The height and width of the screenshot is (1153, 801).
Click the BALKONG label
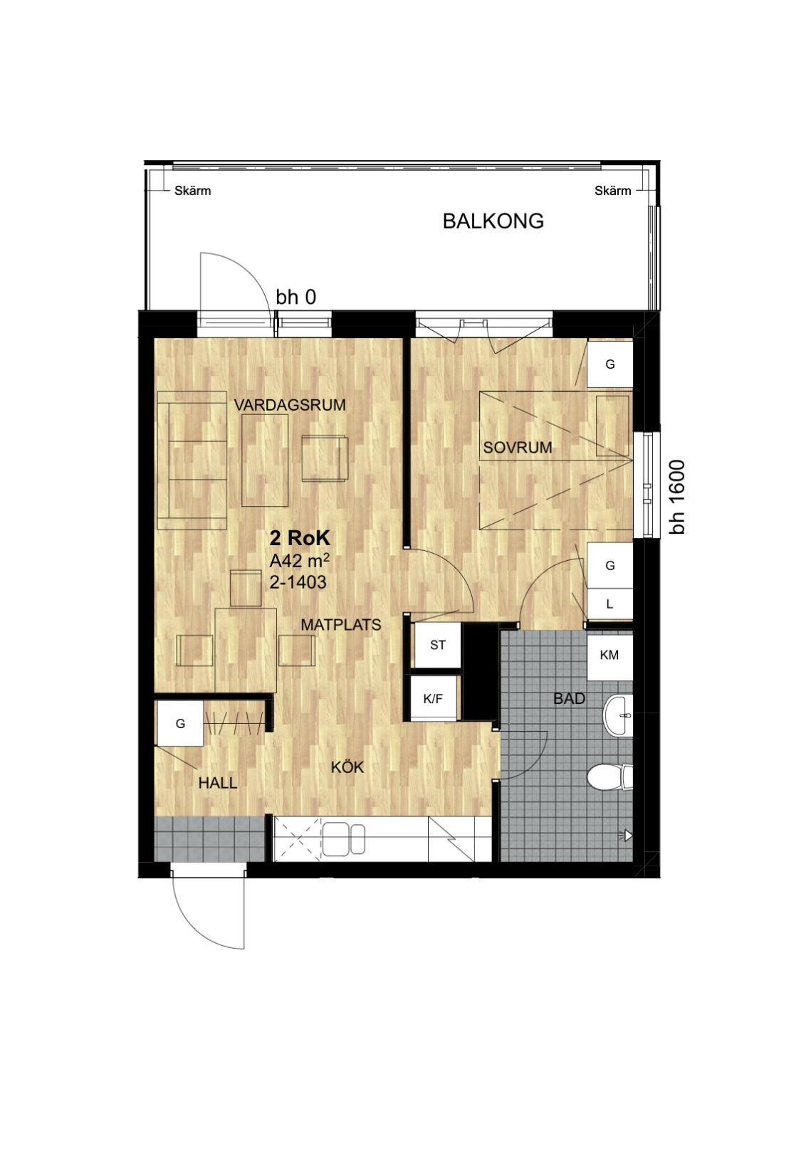pyautogui.click(x=493, y=221)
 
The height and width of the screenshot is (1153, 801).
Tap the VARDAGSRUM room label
pyautogui.click(x=290, y=404)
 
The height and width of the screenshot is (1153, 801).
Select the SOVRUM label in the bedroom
pyautogui.click(x=518, y=447)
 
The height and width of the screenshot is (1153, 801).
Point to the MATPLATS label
pyautogui.click(x=341, y=624)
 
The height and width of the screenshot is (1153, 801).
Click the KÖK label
pyautogui.click(x=347, y=767)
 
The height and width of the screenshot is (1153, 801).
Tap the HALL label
pyautogui.click(x=218, y=783)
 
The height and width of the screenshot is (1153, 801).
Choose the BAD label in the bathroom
pyautogui.click(x=569, y=698)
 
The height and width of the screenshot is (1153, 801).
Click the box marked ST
pyautogui.click(x=438, y=645)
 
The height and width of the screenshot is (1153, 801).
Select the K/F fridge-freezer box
pyautogui.click(x=433, y=697)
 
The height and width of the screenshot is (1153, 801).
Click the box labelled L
pyautogui.click(x=610, y=604)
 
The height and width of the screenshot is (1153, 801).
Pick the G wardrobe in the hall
pyautogui.click(x=180, y=724)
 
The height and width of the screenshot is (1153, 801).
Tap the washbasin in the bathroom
pyautogui.click(x=617, y=715)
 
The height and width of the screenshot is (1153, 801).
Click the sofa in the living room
pyautogui.click(x=192, y=460)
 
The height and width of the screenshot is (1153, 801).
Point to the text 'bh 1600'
pyautogui.click(x=678, y=497)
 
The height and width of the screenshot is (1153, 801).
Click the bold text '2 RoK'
pyautogui.click(x=300, y=538)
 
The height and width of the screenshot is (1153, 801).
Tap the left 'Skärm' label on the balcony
pyautogui.click(x=192, y=191)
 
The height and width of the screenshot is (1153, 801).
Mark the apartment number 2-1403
pyautogui.click(x=298, y=582)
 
